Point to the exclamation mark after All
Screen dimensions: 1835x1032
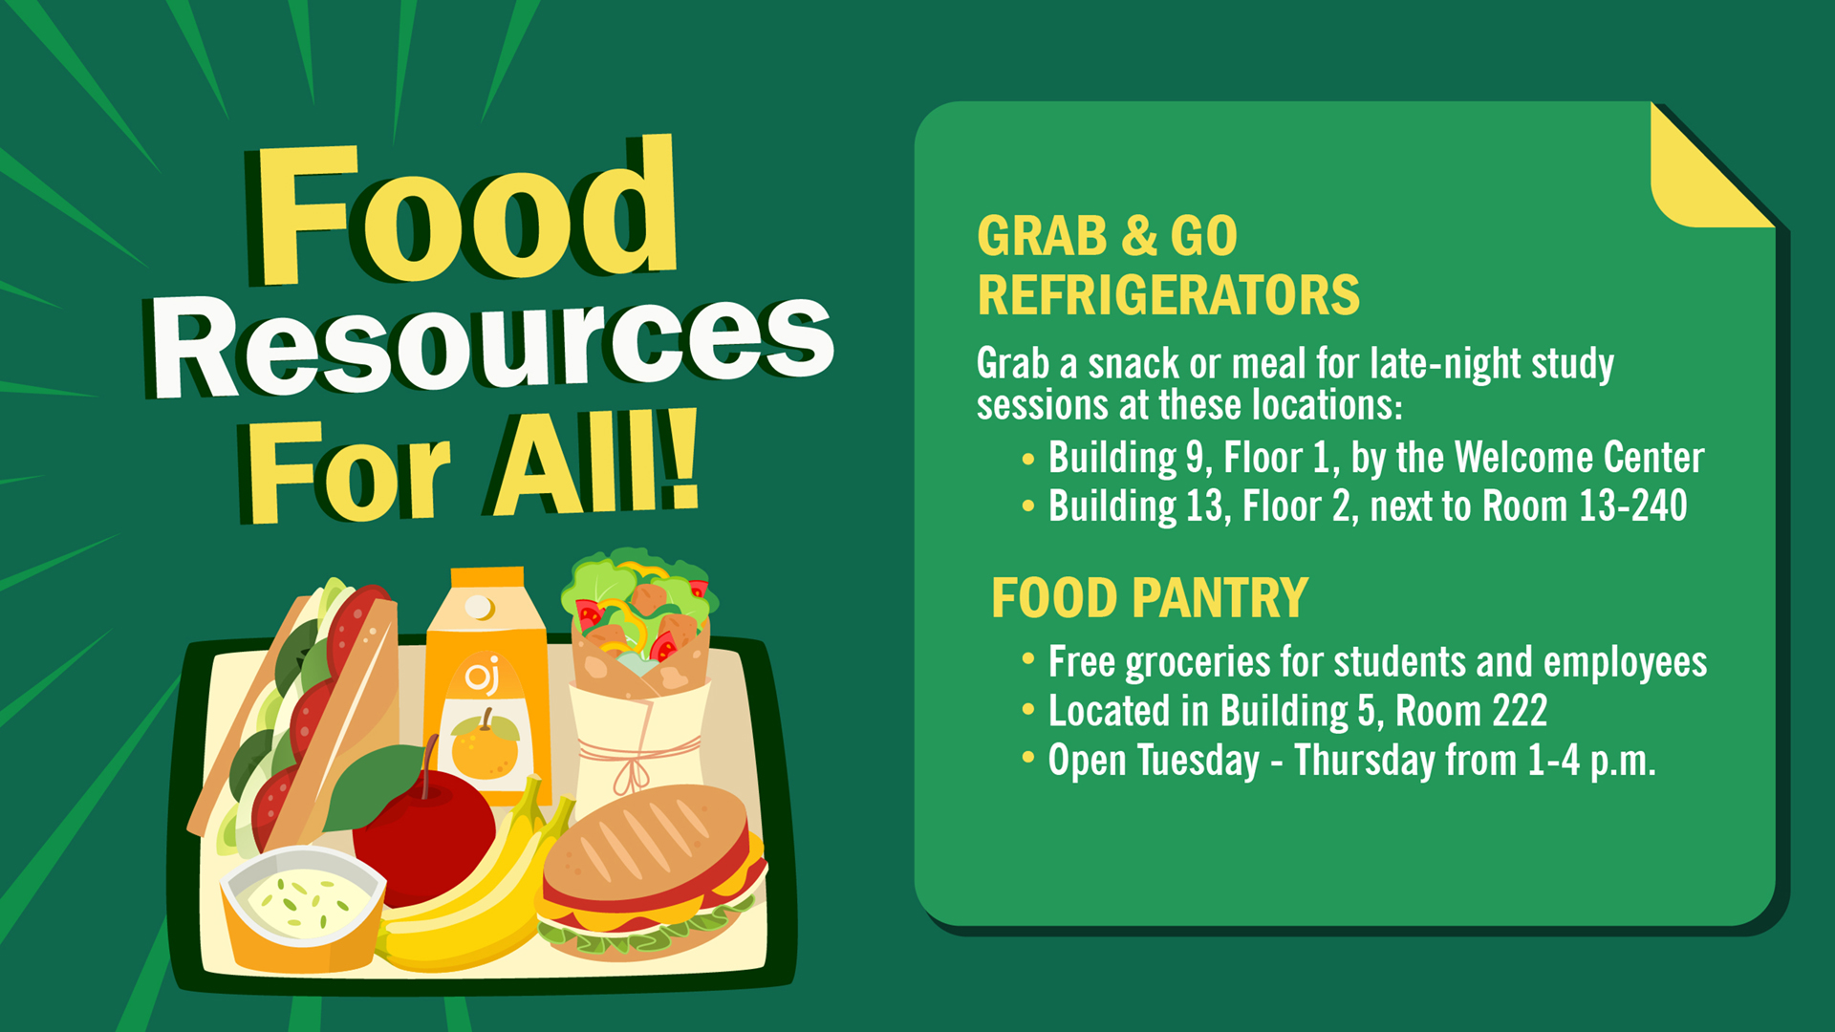(x=680, y=460)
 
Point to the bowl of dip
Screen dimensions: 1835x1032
(x=302, y=908)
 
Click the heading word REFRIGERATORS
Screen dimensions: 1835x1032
(x=1168, y=295)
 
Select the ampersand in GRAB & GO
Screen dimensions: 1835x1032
(x=1139, y=236)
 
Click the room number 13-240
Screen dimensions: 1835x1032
(x=1632, y=505)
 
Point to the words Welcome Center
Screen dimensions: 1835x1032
(x=1579, y=457)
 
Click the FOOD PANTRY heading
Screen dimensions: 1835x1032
(x=1149, y=598)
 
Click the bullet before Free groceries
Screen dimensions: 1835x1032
(x=1028, y=658)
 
